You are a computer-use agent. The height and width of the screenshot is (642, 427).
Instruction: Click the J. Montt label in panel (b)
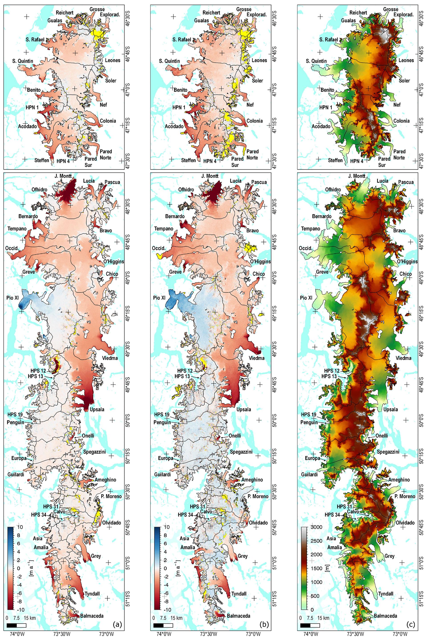click(x=210, y=176)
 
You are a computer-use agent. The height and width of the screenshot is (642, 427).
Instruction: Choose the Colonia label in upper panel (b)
click(x=254, y=121)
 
